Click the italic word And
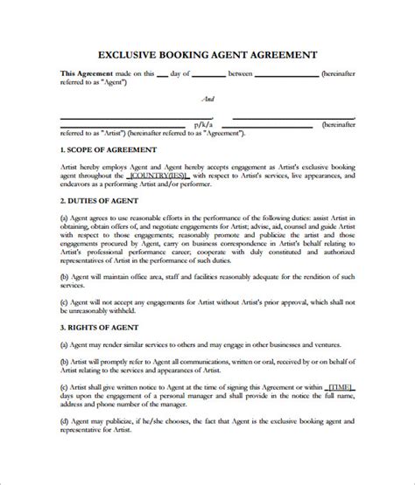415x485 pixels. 207,99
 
